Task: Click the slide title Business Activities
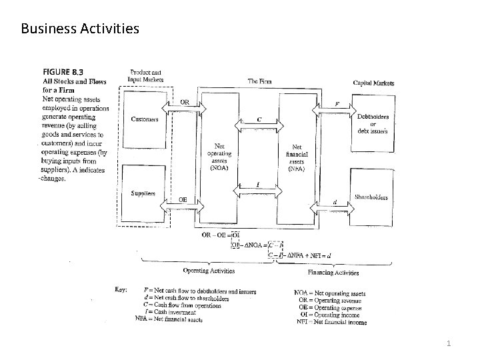(x=80, y=29)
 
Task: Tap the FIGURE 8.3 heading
(x=64, y=71)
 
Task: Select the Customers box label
(x=144, y=120)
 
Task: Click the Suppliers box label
(x=143, y=194)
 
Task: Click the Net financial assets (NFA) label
(x=297, y=157)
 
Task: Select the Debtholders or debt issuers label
(x=373, y=123)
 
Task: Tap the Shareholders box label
(x=371, y=197)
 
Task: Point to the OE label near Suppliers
(x=183, y=199)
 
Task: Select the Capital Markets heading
(x=373, y=83)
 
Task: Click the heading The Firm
(x=259, y=81)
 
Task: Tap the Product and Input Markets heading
(x=146, y=75)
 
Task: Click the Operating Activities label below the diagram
(x=209, y=271)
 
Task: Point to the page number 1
(x=449, y=343)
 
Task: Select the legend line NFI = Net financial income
(x=331, y=323)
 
